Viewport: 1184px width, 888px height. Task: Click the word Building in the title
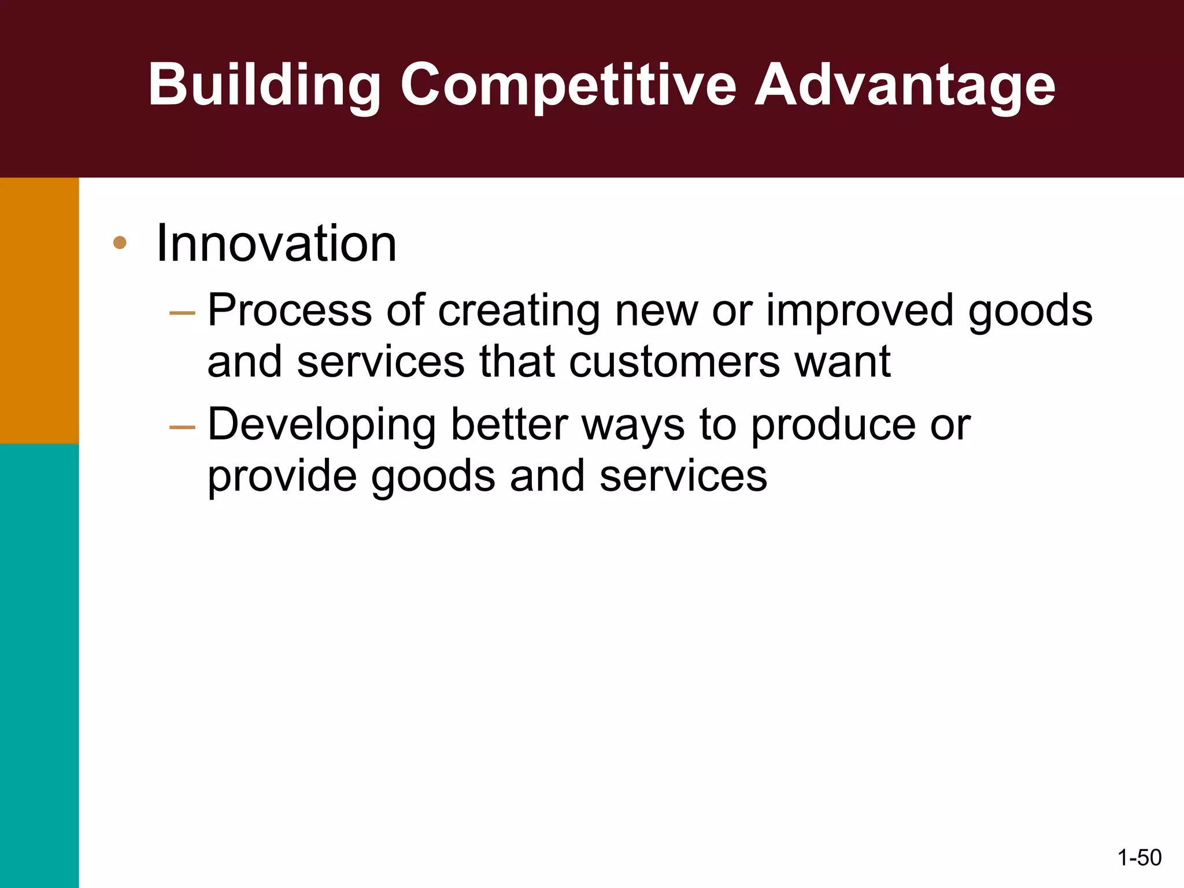(264, 86)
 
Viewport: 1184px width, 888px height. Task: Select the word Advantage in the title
(905, 86)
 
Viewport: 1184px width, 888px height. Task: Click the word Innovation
(276, 243)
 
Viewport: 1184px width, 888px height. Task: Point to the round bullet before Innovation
(120, 243)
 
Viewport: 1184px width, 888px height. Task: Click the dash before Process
(182, 313)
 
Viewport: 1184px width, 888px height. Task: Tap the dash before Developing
(182, 427)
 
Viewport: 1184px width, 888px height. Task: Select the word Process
(289, 310)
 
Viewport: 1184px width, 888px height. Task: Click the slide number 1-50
(1139, 857)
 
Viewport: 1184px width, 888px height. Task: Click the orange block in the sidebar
(39, 310)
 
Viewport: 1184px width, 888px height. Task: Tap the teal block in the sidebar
(39, 665)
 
